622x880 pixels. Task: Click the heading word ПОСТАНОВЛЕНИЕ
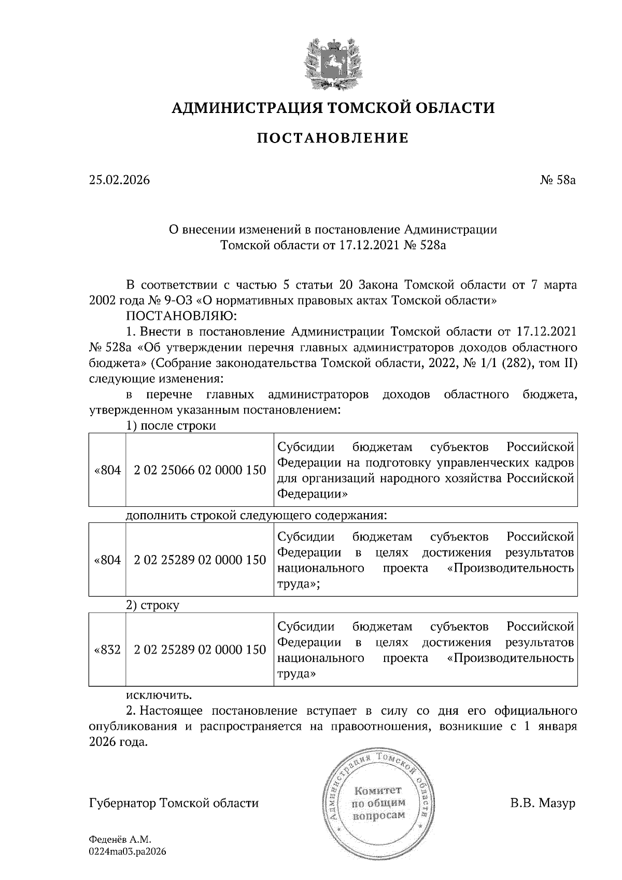click(333, 138)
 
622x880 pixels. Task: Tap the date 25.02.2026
click(119, 180)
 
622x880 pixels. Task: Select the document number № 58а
click(558, 180)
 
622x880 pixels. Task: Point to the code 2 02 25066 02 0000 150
click(200, 470)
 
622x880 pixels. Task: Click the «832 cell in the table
click(107, 649)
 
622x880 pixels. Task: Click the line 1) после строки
click(171, 425)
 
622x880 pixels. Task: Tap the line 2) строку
click(153, 605)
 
